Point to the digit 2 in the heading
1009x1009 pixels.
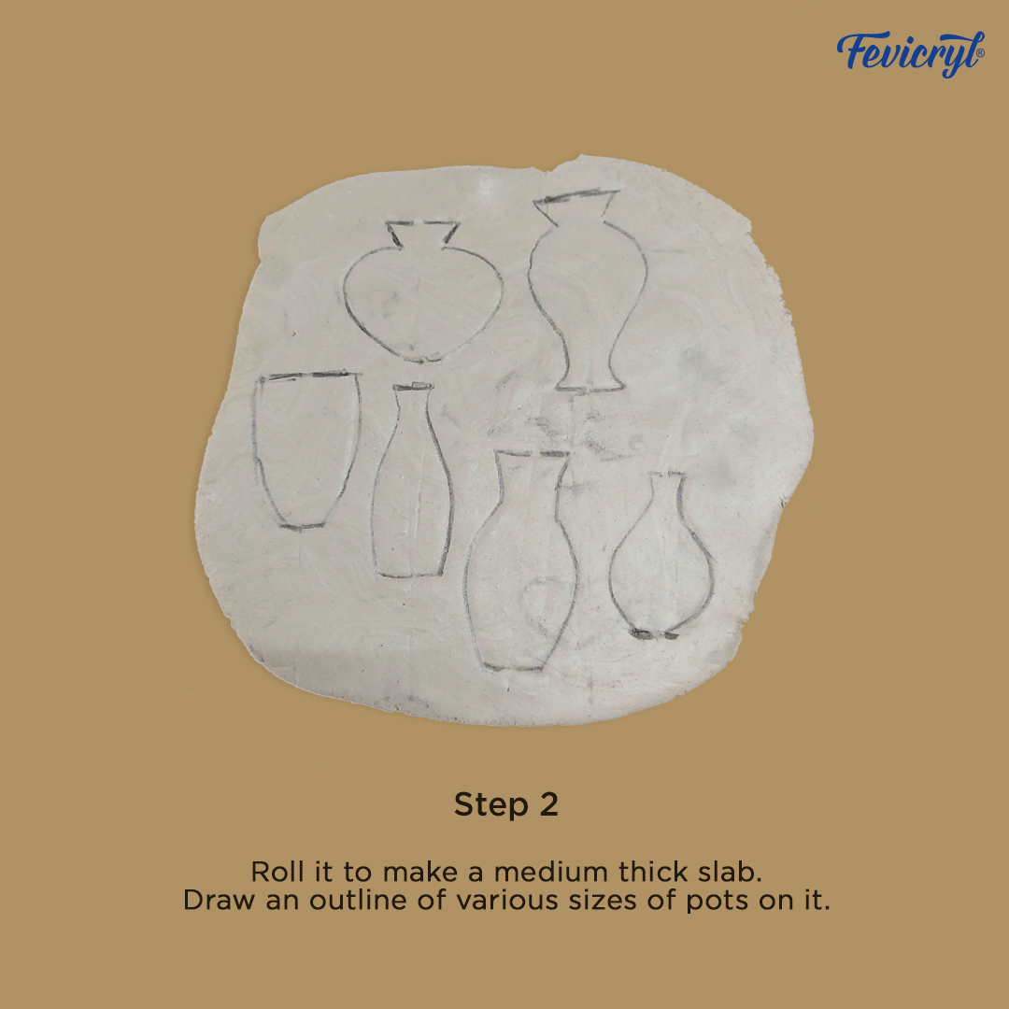tap(548, 803)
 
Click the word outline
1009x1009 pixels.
tap(357, 901)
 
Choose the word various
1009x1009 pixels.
tap(506, 901)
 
